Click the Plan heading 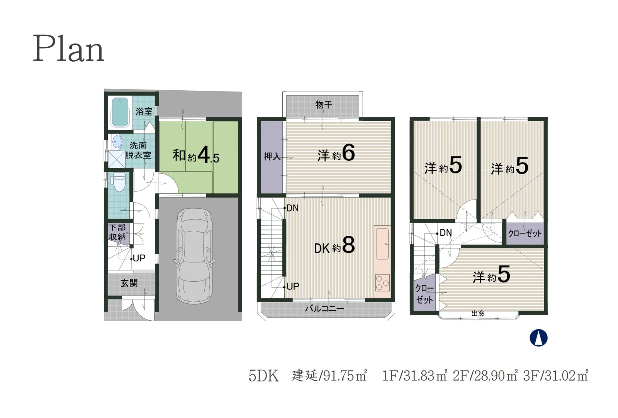click(x=68, y=49)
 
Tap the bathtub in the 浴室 click(x=120, y=112)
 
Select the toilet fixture click(x=119, y=182)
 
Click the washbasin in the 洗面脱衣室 click(x=117, y=142)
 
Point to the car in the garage click(x=194, y=256)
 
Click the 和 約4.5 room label click(x=196, y=156)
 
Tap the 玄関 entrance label click(x=129, y=283)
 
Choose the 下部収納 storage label click(x=117, y=232)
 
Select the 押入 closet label click(x=272, y=157)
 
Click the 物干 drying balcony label click(x=324, y=105)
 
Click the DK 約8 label click(x=334, y=245)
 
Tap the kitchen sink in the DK click(x=382, y=244)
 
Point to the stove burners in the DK click(x=382, y=283)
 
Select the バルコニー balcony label click(x=324, y=308)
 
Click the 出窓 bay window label click(x=478, y=313)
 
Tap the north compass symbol click(x=538, y=338)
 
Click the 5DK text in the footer click(x=264, y=376)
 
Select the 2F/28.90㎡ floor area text click(x=485, y=376)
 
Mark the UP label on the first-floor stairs click(x=139, y=258)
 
